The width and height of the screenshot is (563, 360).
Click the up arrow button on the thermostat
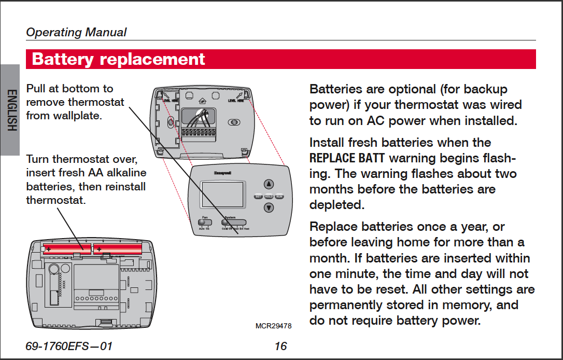point(269,184)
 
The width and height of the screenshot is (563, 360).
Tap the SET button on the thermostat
point(258,197)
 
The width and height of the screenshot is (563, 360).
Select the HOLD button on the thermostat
point(269,197)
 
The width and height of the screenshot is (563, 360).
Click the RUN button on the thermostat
point(279,197)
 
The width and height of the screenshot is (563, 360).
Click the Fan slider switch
point(205,222)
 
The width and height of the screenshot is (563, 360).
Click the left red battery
point(67,249)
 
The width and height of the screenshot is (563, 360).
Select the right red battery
point(118,249)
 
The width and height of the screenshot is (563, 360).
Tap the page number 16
point(280,346)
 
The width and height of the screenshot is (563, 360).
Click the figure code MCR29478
point(274,326)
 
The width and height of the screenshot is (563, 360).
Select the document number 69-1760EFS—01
point(69,346)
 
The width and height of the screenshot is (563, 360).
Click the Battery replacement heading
point(119,59)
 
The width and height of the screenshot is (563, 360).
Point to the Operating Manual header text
point(76,32)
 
